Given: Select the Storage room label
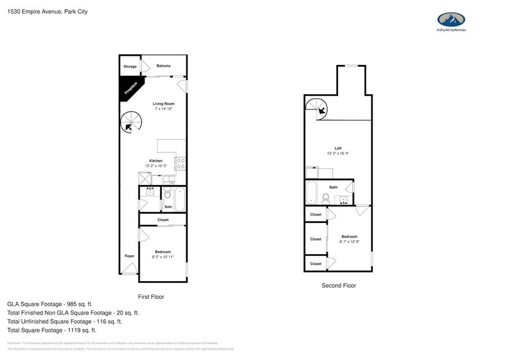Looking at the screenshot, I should pyautogui.click(x=130, y=66).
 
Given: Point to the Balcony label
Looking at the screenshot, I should pyautogui.click(x=163, y=66).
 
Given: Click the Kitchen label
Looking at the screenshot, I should pyautogui.click(x=155, y=160).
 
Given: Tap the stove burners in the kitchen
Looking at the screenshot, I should pyautogui.click(x=181, y=163).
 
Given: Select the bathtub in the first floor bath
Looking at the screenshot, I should pyautogui.click(x=180, y=198).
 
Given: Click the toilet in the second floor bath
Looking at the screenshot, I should pyautogui.click(x=326, y=198).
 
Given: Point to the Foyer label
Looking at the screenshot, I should pyautogui.click(x=130, y=256).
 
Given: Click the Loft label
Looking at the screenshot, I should pyautogui.click(x=337, y=148).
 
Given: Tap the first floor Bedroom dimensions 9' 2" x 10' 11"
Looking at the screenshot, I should pyautogui.click(x=163, y=257).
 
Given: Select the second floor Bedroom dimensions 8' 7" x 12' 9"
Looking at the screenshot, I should pyautogui.click(x=349, y=242).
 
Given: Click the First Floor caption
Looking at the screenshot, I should pyautogui.click(x=151, y=297).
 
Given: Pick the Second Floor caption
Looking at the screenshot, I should pyautogui.click(x=339, y=285).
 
